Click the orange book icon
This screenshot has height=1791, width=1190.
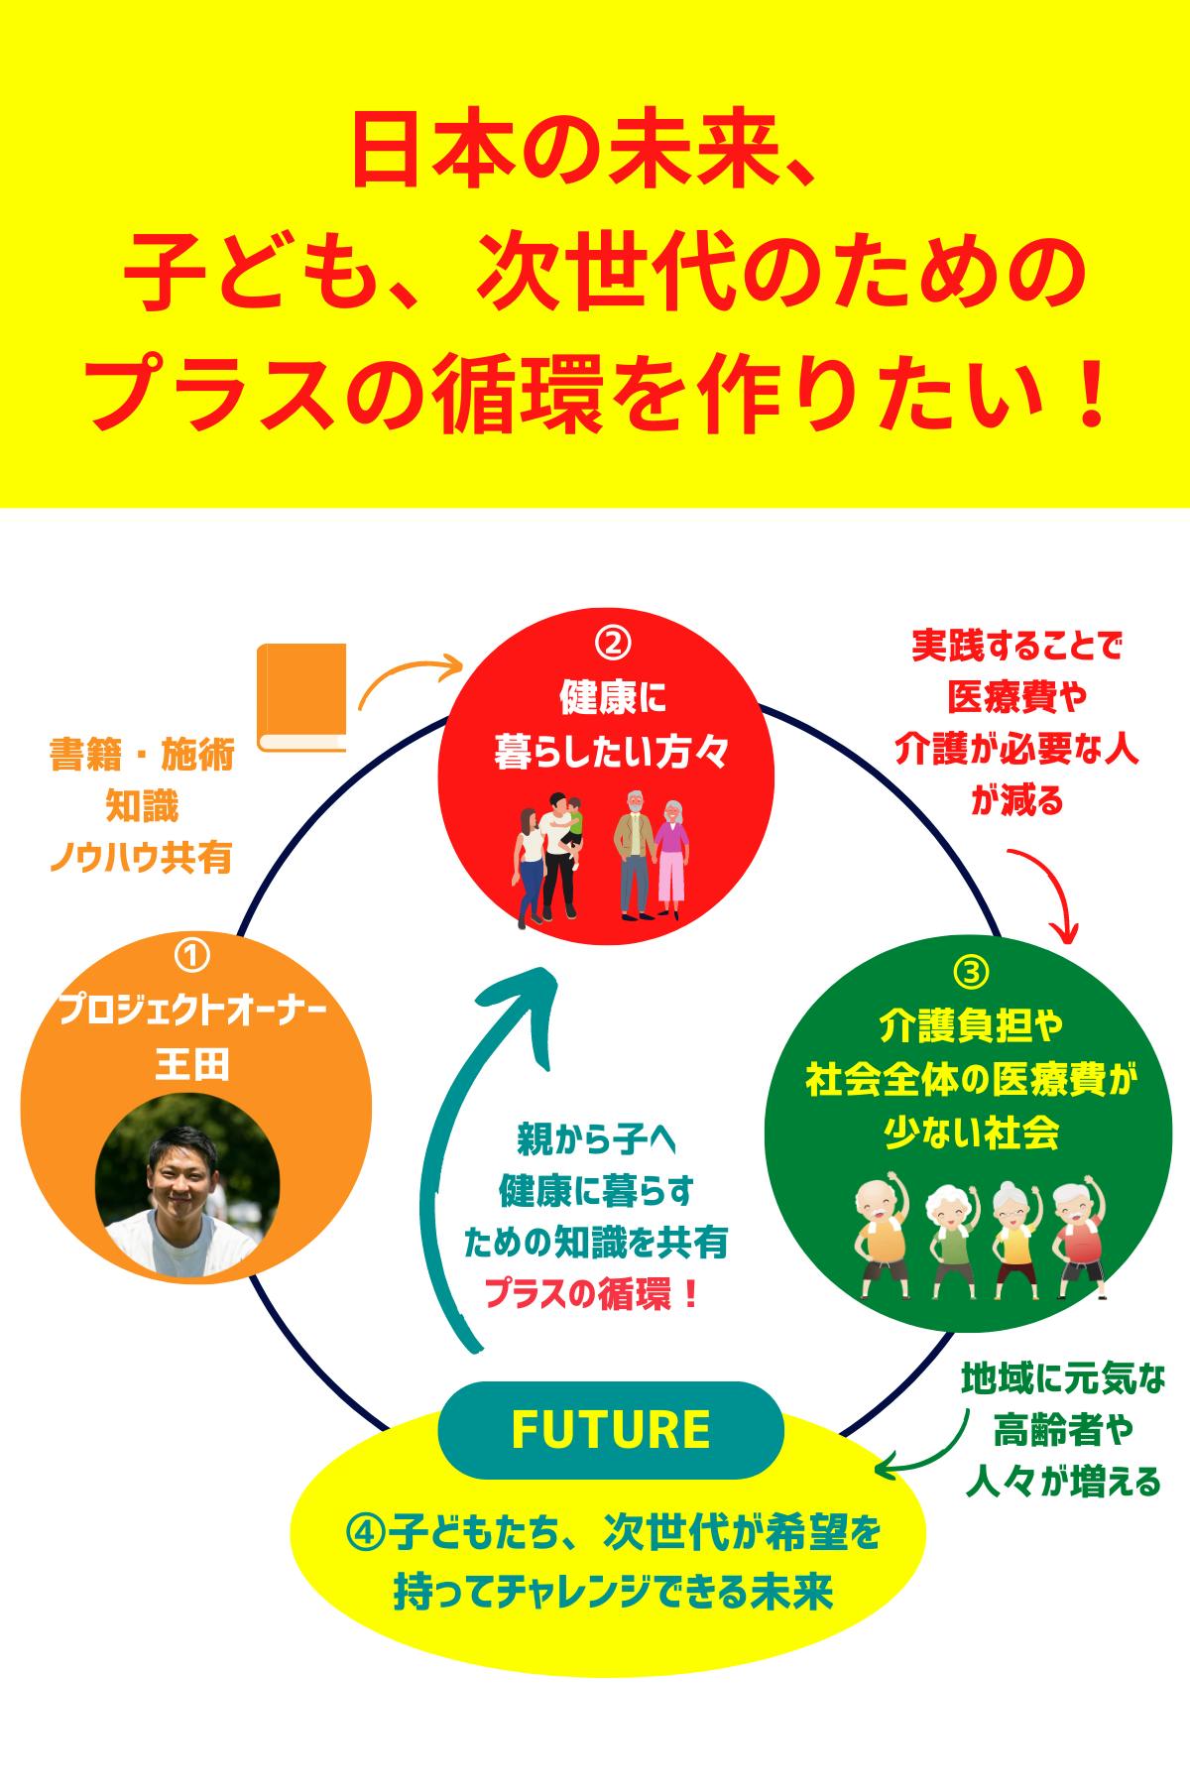301,697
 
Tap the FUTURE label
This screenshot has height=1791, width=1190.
611,1429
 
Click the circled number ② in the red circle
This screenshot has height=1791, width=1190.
613,645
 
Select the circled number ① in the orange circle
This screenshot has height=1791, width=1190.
191,957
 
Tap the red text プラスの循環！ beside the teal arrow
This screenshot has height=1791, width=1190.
594,1293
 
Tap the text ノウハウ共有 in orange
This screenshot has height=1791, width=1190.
141,858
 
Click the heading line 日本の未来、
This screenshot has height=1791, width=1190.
585,152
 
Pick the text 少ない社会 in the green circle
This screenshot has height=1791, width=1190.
972,1133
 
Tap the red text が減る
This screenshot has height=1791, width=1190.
1017,799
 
